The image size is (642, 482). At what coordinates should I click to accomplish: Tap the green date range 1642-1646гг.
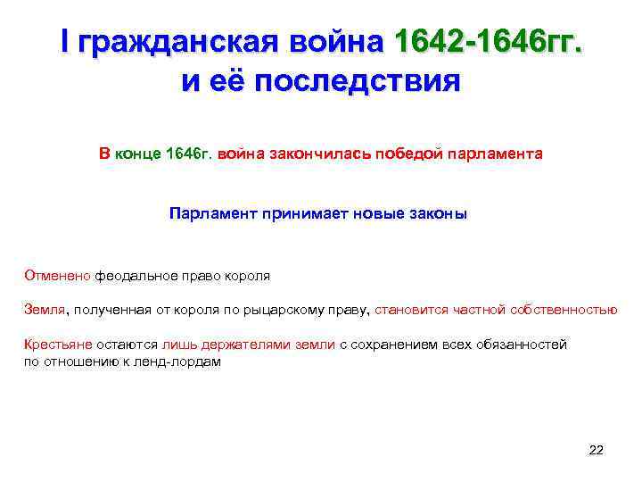[x=490, y=41]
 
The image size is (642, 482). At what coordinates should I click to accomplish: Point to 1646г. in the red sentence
[x=188, y=154]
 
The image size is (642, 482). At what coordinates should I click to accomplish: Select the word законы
[x=437, y=214]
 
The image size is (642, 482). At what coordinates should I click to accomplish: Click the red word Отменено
[x=57, y=276]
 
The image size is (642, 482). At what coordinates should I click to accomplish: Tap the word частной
[x=477, y=311]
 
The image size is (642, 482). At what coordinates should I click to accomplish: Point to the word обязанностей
[x=526, y=345]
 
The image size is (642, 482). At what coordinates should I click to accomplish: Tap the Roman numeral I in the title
[x=64, y=41]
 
